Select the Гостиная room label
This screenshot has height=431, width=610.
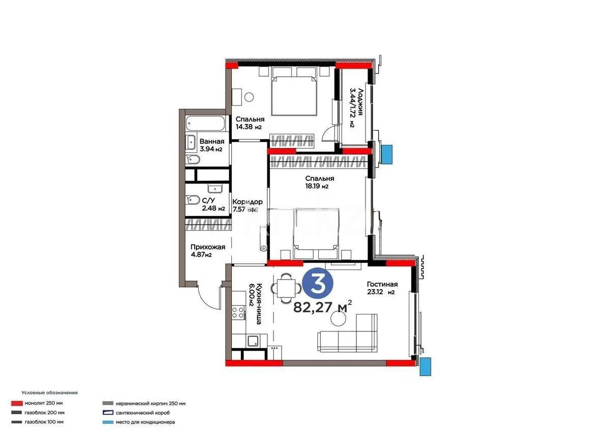click(382, 285)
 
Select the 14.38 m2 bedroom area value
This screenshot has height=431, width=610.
click(248, 128)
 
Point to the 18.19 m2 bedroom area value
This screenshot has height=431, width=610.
click(317, 187)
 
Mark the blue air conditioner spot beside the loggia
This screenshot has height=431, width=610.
click(387, 154)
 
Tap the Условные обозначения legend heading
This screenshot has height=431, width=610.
click(49, 393)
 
